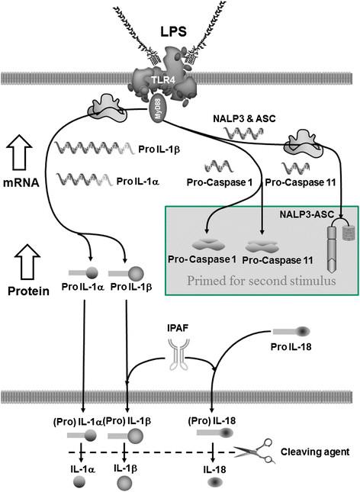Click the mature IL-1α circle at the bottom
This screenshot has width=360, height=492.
[79, 483]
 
